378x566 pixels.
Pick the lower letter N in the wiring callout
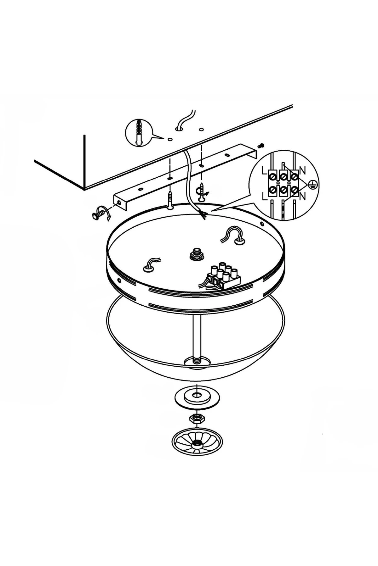(302, 197)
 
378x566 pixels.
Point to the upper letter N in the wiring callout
(302, 171)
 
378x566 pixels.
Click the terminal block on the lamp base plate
(224, 276)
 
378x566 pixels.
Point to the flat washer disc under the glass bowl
(197, 397)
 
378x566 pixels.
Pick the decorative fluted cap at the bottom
(197, 442)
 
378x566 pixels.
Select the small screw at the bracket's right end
(261, 145)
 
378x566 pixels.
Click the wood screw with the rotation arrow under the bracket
(201, 192)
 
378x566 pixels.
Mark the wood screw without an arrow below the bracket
(170, 199)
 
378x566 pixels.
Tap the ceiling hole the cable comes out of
(179, 128)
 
